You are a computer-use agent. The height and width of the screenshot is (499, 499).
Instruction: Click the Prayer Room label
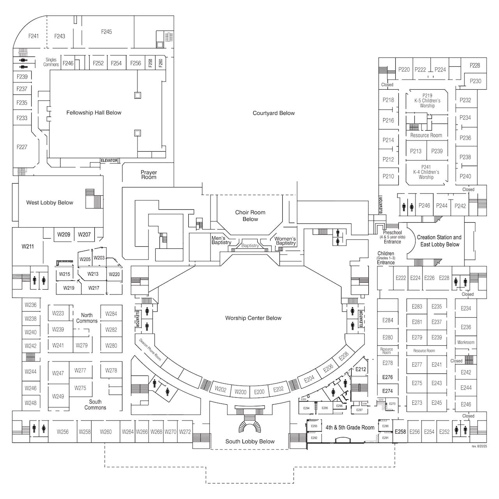[149, 175]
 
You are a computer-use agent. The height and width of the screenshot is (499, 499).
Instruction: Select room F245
[106, 32]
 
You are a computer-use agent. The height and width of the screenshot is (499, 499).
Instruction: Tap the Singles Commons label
[51, 62]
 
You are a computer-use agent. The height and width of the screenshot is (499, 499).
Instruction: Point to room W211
[28, 246]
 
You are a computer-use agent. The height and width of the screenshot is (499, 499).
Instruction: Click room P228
[475, 65]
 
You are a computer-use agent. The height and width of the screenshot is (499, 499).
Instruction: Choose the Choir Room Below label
[250, 216]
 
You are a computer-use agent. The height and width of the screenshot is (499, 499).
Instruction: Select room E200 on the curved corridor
[259, 392]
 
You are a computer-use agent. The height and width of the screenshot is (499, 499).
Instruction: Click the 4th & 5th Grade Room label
[350, 427]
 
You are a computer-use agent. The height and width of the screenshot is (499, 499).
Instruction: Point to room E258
[400, 432]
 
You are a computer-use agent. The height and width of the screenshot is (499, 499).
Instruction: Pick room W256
[62, 432]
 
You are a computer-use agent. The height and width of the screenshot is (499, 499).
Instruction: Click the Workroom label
[466, 342]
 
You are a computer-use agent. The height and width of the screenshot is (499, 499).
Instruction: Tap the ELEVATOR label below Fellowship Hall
[109, 161]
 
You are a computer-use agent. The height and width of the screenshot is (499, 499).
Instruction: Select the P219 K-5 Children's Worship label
[427, 101]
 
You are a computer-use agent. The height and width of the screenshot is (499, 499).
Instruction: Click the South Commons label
[95, 405]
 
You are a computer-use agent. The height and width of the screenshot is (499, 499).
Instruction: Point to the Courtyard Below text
[274, 113]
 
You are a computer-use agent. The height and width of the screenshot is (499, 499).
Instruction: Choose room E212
[361, 369]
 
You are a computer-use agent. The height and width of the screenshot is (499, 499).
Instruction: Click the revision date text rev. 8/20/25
[479, 446]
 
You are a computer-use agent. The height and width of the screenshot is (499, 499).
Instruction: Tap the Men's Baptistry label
[221, 241]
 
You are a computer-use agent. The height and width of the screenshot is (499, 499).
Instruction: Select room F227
[22, 147]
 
